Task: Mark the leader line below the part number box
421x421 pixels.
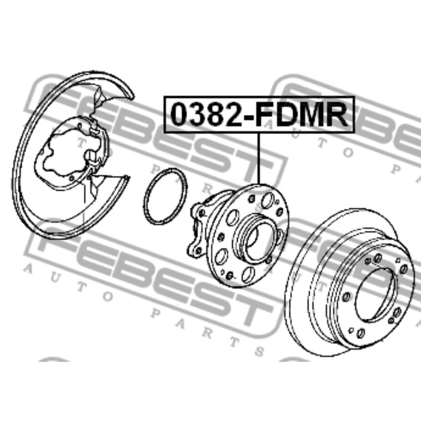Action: (259, 159)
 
